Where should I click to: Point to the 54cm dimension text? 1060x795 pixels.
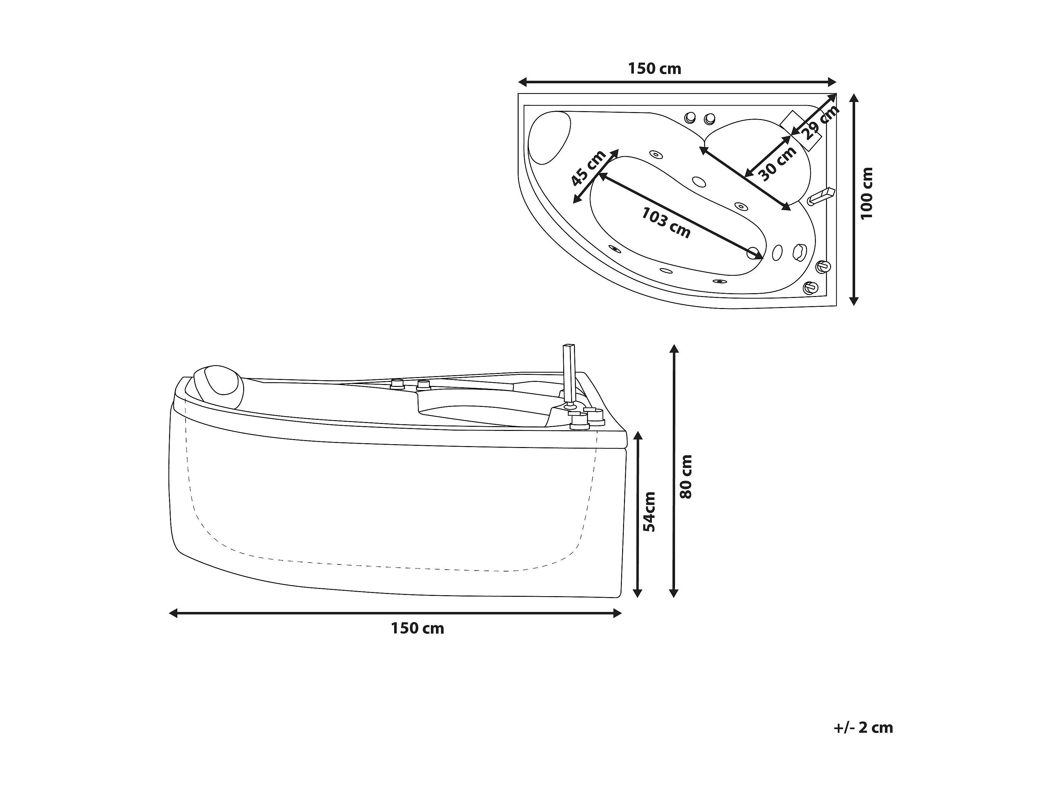click(649, 512)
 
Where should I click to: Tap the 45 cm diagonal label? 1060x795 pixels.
click(589, 168)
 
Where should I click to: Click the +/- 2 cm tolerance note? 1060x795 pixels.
click(863, 741)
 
